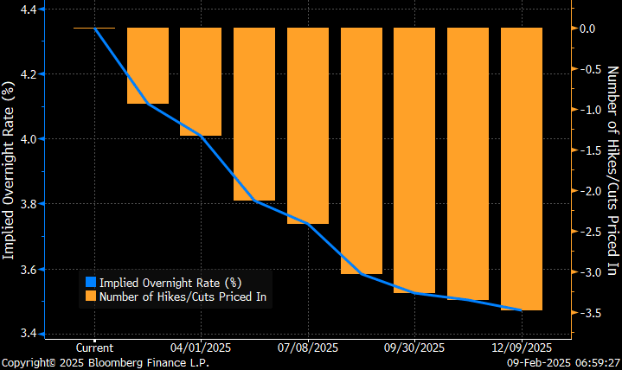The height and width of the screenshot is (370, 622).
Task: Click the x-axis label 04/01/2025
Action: coord(201,348)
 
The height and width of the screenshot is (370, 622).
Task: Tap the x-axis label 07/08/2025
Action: coord(308,348)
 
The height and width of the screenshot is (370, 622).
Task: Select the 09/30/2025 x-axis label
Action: coord(414,348)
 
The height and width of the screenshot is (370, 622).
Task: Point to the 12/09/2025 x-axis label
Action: coord(522,348)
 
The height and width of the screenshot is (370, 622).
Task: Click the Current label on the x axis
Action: coord(94,348)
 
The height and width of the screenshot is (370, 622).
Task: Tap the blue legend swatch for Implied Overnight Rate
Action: coord(89,282)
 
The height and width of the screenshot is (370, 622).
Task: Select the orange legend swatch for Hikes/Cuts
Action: coord(89,297)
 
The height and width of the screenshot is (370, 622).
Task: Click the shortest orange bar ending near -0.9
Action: coord(148,66)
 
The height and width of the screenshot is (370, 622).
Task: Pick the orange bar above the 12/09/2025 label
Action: coord(522,169)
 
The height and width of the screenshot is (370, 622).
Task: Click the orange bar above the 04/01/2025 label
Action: coord(201,82)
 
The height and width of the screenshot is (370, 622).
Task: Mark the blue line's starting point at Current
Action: coord(94,29)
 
